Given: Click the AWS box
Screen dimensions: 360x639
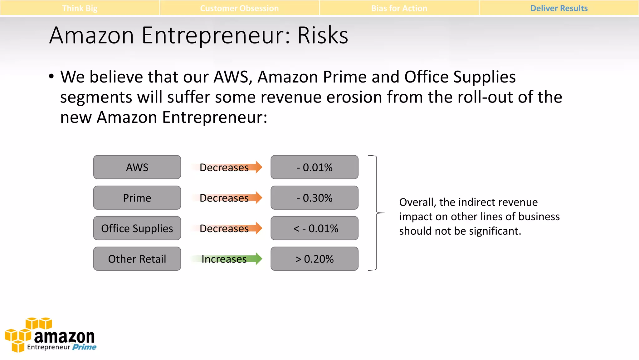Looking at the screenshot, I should [137, 167].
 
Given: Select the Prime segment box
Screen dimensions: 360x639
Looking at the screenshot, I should [137, 198].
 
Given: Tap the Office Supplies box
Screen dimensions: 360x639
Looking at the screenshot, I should [137, 228].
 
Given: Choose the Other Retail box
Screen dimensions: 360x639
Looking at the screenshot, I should [137, 259].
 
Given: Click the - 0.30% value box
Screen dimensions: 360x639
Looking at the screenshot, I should [314, 198].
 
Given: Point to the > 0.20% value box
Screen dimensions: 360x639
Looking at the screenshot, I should [314, 259].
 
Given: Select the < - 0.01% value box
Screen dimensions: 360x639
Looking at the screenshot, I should [314, 228].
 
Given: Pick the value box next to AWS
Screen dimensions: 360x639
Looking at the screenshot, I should [314, 167].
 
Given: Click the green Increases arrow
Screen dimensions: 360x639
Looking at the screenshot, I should [227, 259].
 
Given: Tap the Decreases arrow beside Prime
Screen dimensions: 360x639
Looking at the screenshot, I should [227, 198].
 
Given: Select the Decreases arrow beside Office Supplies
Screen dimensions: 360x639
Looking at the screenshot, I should [227, 228].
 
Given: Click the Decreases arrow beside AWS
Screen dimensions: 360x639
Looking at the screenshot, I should [227, 167].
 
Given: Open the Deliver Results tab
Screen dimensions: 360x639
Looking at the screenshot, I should [559, 8].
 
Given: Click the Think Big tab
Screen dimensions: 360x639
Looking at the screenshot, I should [80, 8].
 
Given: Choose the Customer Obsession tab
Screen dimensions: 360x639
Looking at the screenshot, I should [239, 8].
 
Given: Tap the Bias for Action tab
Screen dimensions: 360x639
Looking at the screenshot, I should [399, 8].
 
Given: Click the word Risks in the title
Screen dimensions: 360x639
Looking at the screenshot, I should [323, 35].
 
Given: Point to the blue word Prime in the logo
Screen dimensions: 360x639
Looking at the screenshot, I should [84, 347].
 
